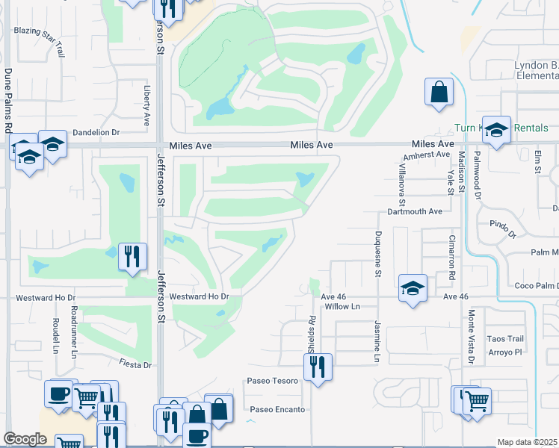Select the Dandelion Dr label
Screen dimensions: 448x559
click(96, 132)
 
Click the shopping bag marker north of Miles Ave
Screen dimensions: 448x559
click(439, 93)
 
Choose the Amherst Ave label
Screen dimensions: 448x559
click(426, 155)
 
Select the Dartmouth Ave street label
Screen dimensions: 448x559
click(415, 211)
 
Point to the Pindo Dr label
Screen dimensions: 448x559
click(503, 228)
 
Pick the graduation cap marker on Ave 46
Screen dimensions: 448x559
click(412, 289)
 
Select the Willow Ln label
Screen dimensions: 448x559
click(342, 306)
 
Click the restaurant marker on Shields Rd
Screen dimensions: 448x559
click(318, 367)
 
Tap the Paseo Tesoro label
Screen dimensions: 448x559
click(272, 381)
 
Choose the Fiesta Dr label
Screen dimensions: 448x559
click(135, 364)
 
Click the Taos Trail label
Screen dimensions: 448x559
click(505, 338)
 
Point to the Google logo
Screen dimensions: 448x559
click(25, 439)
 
